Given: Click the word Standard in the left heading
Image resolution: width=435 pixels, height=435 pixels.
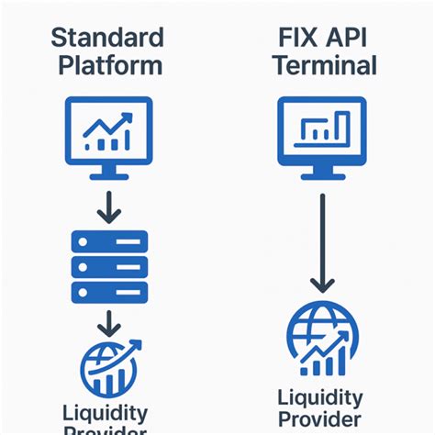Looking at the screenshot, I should point(107,39).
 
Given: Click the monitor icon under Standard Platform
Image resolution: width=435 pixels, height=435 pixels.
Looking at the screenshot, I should point(108,133).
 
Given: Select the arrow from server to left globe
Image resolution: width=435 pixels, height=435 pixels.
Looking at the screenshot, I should point(109,321).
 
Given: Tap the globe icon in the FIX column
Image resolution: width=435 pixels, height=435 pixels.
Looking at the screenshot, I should point(317,340).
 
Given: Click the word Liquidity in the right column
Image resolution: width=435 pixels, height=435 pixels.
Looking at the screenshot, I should point(320,398).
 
